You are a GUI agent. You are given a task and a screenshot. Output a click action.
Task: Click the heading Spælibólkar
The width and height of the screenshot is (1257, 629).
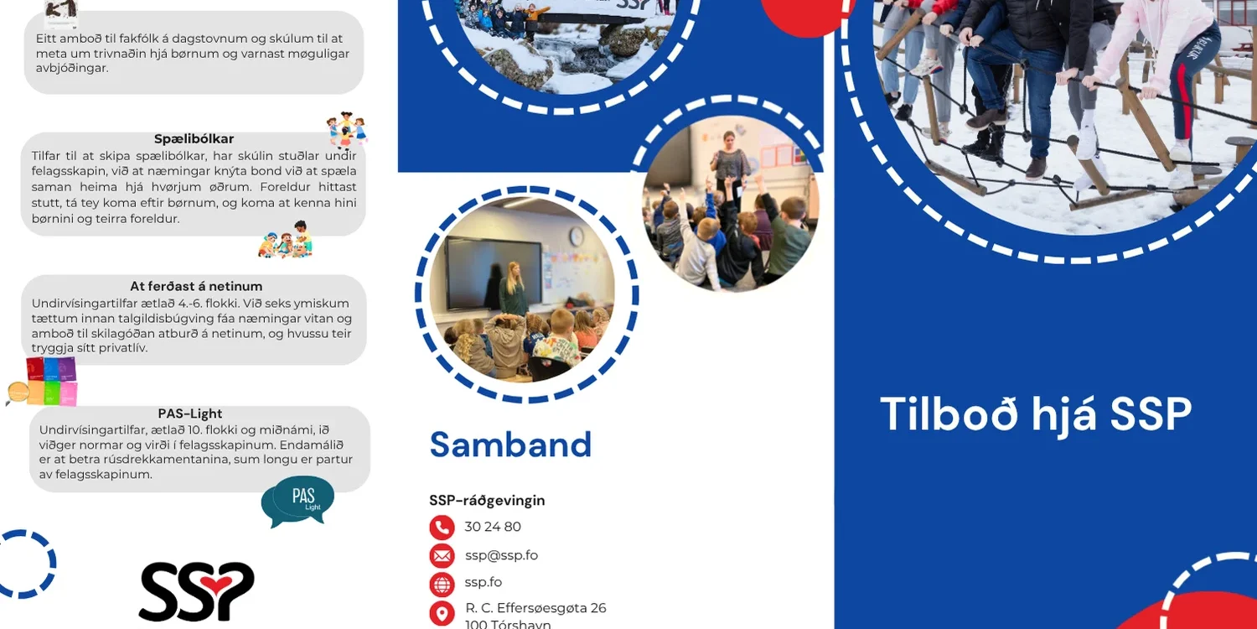(194, 139)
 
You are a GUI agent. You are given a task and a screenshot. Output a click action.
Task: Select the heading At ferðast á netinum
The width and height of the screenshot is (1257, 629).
(196, 287)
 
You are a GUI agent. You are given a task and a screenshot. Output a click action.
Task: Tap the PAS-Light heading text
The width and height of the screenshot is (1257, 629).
(190, 413)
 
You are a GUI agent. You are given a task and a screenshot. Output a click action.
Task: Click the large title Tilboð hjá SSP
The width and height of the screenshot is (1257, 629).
(1036, 414)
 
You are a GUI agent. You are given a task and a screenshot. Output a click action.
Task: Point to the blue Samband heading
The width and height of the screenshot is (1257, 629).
(510, 444)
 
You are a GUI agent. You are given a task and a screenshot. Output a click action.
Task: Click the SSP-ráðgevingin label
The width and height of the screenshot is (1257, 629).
(487, 501)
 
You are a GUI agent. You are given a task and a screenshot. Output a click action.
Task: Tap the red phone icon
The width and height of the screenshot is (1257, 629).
(442, 528)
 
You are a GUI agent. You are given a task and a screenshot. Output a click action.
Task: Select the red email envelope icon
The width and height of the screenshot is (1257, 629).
(442, 555)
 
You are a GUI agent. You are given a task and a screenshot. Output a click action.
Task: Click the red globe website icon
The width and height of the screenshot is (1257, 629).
(442, 584)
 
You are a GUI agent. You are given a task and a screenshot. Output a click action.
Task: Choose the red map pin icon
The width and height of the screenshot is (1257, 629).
(442, 613)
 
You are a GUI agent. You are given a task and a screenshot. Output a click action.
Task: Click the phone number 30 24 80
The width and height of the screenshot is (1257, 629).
(493, 527)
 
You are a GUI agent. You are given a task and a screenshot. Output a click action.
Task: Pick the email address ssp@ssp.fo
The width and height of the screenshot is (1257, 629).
(501, 555)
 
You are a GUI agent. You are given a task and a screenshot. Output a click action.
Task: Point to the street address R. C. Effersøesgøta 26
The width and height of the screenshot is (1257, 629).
(535, 608)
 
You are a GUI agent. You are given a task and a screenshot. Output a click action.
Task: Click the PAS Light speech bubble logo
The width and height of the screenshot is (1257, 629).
(298, 501)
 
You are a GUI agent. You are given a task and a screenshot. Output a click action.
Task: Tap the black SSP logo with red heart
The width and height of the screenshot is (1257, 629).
(196, 591)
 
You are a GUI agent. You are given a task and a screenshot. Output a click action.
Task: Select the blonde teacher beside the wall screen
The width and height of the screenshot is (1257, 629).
(513, 289)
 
